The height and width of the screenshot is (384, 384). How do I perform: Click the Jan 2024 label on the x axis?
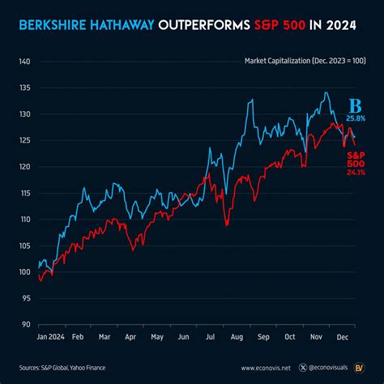(x=50, y=335)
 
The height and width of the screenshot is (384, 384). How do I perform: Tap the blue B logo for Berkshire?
(x=354, y=106)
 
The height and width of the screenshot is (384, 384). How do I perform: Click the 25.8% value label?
(x=355, y=118)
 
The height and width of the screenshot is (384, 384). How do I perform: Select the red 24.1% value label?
(x=356, y=171)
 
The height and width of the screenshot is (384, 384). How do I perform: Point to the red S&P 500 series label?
(x=356, y=157)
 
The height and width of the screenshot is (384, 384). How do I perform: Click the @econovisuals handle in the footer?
(x=326, y=366)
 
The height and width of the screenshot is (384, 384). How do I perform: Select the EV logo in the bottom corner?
(x=364, y=365)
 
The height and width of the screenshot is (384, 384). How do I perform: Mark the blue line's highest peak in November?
(x=325, y=92)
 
